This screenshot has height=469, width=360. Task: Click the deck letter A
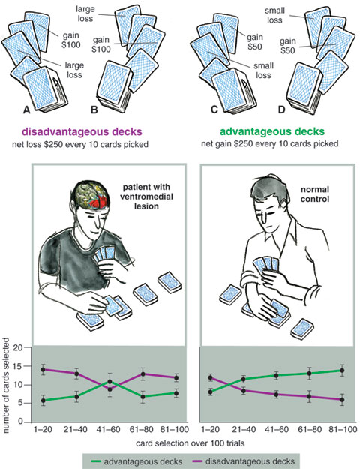click(x=27, y=110)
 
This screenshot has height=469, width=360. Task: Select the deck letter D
click(x=281, y=110)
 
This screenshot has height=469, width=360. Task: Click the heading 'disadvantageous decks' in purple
click(x=82, y=131)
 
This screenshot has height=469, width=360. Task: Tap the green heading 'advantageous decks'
click(x=272, y=131)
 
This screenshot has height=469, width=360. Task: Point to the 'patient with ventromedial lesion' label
click(x=146, y=197)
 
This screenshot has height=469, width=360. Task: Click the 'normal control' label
click(x=315, y=194)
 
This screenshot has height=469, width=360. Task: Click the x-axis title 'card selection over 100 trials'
click(x=190, y=443)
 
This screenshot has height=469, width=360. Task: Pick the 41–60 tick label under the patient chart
click(x=108, y=430)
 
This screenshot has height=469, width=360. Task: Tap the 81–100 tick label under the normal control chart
click(x=343, y=430)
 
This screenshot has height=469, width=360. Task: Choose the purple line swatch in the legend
click(x=197, y=461)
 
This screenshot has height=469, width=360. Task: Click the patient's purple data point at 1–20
click(x=43, y=370)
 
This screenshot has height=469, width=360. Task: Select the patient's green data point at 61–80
click(x=142, y=397)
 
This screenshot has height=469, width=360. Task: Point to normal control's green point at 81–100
click(x=342, y=371)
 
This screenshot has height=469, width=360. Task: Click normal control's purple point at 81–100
click(x=342, y=400)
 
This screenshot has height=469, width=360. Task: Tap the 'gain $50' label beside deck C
click(x=255, y=41)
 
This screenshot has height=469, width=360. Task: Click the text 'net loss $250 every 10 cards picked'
click(x=80, y=145)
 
